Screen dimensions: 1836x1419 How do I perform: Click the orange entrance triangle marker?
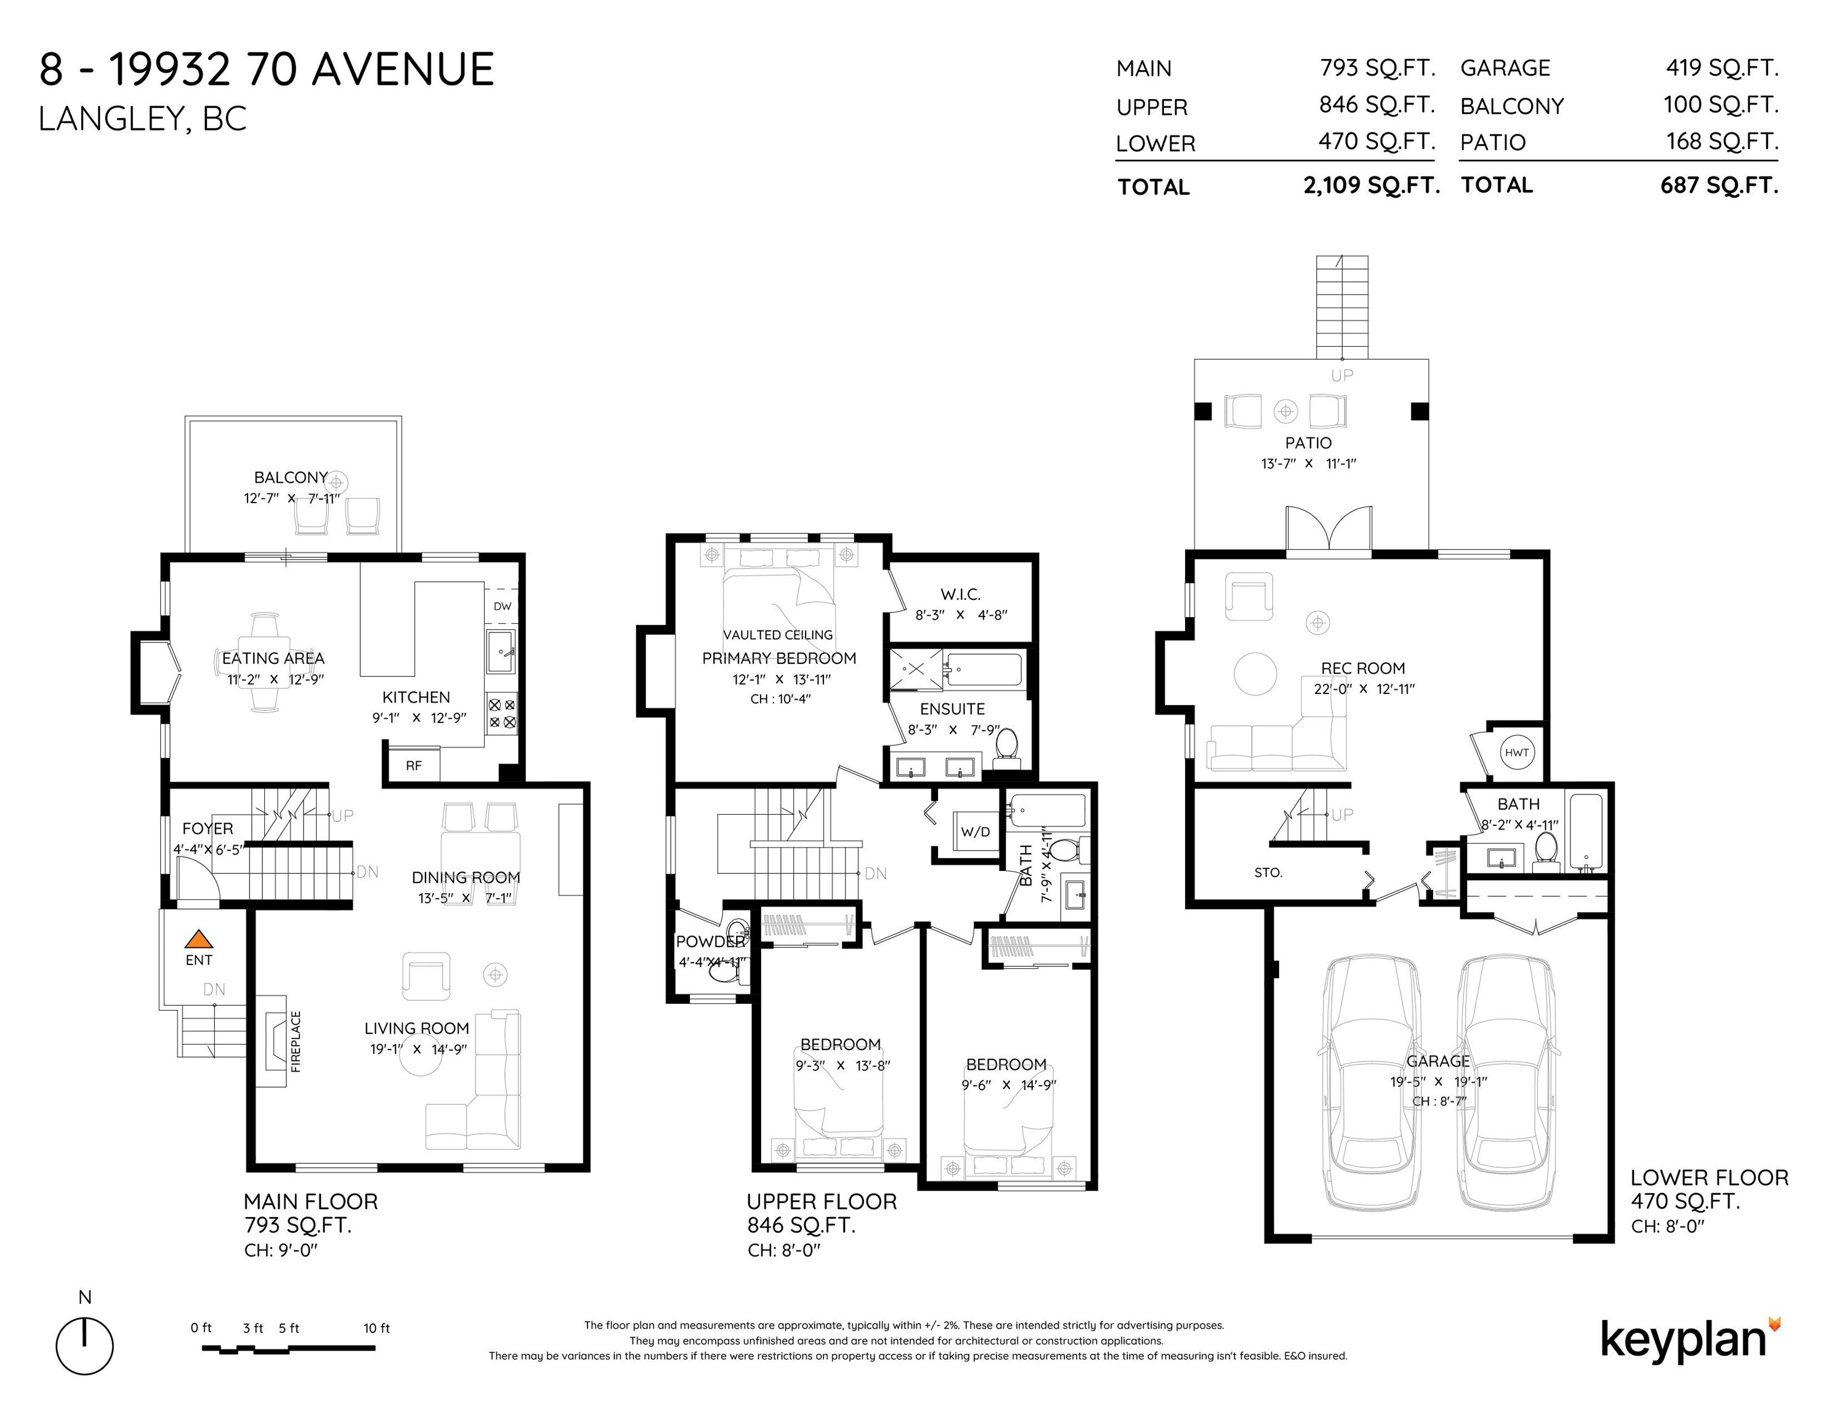point(198,939)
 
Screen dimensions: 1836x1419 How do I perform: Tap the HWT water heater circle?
point(1516,753)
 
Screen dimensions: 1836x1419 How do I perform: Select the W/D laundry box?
point(975,831)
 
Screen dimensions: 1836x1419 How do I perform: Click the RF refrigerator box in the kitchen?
point(414,765)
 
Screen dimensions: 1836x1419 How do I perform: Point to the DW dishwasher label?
point(502,606)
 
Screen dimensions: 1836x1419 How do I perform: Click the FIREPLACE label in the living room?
point(295,1041)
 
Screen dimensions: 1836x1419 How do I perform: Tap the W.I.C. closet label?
point(960,594)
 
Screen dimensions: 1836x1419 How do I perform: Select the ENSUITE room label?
point(952,709)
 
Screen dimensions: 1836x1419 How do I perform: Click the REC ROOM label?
point(1363,668)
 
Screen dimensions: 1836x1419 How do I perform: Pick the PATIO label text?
point(1308,443)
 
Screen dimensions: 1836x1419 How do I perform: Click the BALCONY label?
point(291,477)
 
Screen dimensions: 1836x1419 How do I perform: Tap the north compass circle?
point(85,1347)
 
